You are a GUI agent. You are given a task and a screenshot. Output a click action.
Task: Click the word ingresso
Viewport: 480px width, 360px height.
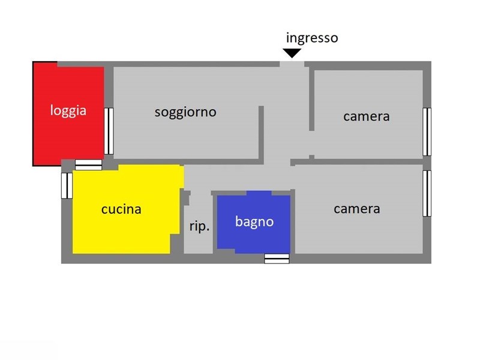point(312,38)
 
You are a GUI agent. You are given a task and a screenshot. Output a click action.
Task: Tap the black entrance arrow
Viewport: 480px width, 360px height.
point(292,53)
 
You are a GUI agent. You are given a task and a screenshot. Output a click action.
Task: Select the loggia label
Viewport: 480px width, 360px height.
point(68,110)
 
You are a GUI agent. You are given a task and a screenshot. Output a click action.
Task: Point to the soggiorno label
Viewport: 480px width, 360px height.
point(185,112)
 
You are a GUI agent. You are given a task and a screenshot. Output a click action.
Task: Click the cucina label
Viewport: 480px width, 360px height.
point(121,209)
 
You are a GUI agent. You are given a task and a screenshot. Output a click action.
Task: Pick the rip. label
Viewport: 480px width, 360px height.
point(200,227)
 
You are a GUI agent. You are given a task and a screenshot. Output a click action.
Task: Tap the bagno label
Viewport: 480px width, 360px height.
point(254,221)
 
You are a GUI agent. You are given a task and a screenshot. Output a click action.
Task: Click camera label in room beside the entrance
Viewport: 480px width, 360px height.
point(367,116)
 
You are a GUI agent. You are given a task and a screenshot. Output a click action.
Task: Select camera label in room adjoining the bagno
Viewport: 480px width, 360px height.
point(357,209)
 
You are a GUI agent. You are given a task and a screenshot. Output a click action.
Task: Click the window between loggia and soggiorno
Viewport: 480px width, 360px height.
point(109,131)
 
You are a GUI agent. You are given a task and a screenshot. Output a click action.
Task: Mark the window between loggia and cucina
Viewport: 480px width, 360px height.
point(88,164)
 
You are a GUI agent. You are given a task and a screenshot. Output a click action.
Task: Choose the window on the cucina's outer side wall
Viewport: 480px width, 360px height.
point(67,186)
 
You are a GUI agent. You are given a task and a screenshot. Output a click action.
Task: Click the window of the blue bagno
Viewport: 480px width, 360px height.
point(277,259)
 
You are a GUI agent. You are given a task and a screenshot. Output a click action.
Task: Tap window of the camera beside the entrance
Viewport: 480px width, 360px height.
point(427,132)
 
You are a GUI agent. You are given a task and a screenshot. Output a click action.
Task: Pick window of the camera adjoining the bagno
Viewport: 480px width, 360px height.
point(427,193)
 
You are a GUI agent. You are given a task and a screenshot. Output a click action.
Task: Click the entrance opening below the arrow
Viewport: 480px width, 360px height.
point(292,64)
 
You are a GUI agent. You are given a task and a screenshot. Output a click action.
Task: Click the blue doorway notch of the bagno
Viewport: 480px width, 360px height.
point(259,193)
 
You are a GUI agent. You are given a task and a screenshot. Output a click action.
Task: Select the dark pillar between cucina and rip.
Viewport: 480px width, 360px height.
point(185,198)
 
